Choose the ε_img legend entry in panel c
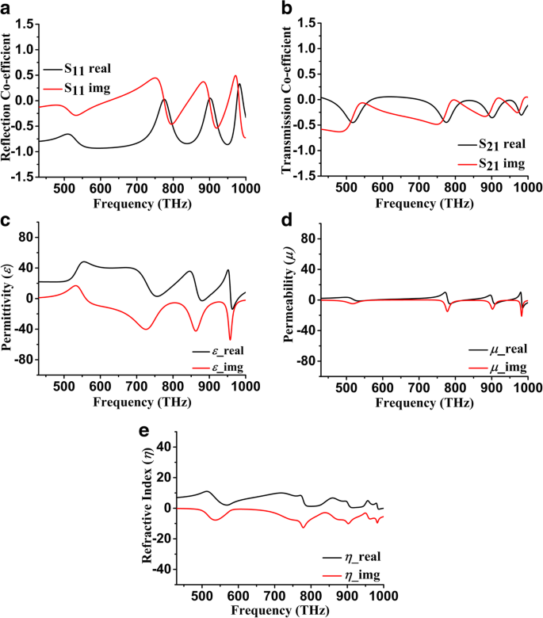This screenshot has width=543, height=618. coord(221,367)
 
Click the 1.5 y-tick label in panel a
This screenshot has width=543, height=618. coord(25,25)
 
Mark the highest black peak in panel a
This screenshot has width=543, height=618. coord(239,84)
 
